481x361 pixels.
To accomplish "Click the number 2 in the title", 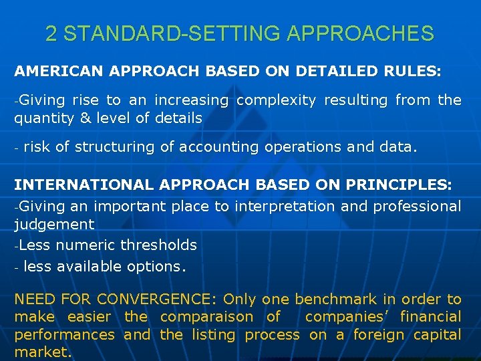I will coord(51,33).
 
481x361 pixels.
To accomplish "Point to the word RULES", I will coord(415,70).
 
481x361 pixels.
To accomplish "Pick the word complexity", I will coord(277,100).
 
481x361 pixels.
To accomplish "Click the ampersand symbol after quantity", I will coord(86,118).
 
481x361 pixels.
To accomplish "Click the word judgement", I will coord(54,225).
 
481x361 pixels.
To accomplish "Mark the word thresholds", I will coord(164,245).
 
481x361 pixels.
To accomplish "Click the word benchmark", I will coord(331,299).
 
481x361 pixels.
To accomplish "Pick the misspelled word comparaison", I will coord(207,317).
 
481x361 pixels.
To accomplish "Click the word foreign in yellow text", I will coord(378,334).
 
